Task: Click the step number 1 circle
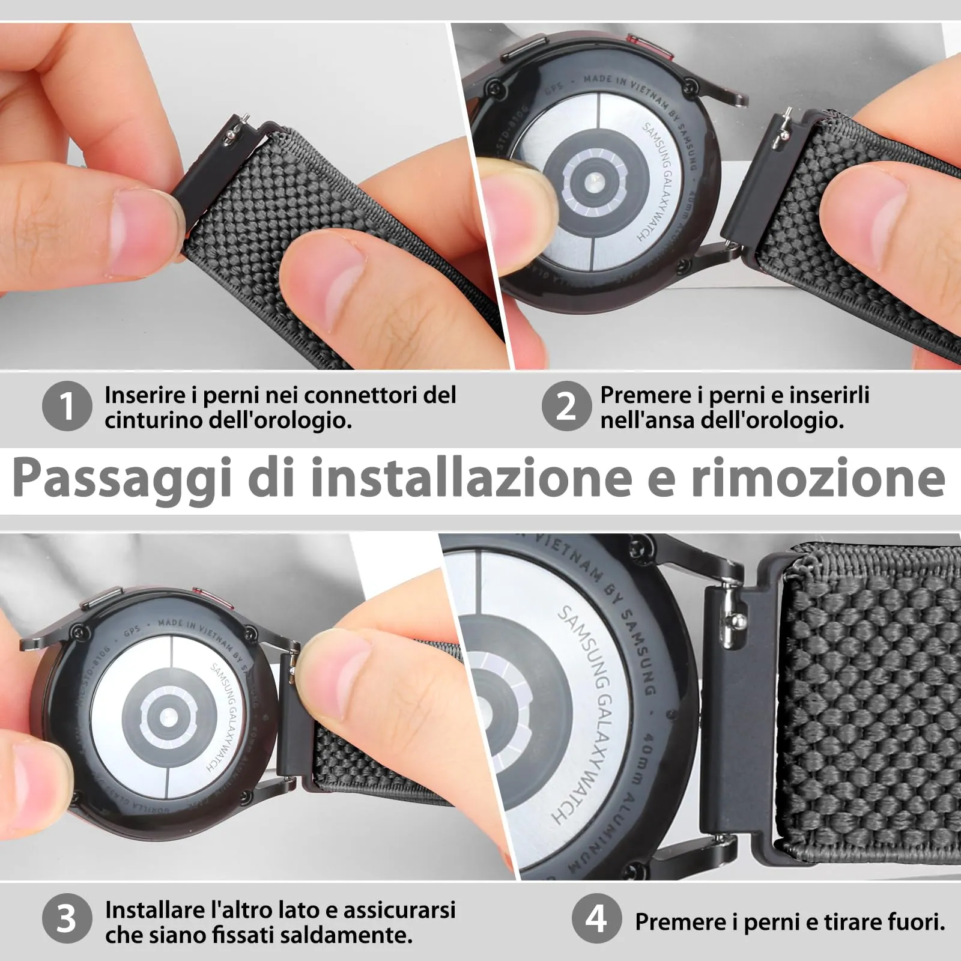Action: (67, 406)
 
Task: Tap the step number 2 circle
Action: (566, 406)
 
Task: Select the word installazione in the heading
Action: (471, 478)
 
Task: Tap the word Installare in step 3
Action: (156, 909)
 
